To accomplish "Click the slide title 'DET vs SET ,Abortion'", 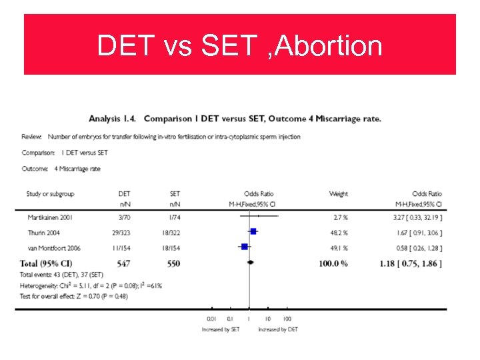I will (x=239, y=46).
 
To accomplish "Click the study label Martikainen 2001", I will (x=49, y=218).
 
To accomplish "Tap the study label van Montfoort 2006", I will (x=55, y=247).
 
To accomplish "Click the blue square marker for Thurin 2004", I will (x=253, y=232).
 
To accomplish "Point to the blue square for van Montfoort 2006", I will (x=245, y=247).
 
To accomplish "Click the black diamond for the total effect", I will (x=250, y=263).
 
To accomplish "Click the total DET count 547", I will (x=124, y=263).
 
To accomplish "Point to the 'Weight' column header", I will (x=338, y=194).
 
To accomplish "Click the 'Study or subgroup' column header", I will (x=50, y=194).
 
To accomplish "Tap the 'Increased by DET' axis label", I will (x=278, y=329).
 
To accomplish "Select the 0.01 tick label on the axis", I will (x=212, y=319).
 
